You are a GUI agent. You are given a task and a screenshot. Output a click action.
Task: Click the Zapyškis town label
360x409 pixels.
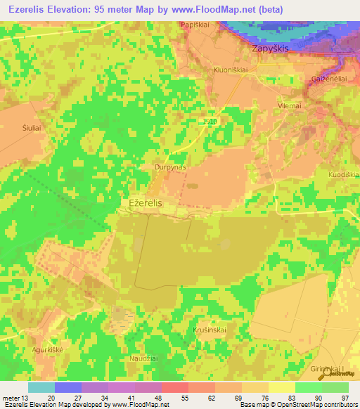pyautogui.click(x=271, y=50)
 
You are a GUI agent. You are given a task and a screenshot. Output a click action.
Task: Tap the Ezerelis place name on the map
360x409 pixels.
pyautogui.click(x=146, y=202)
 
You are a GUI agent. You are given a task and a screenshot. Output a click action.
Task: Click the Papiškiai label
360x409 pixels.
pyautogui.click(x=196, y=25)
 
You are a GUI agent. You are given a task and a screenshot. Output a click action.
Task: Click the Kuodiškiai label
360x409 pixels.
pyautogui.click(x=343, y=174)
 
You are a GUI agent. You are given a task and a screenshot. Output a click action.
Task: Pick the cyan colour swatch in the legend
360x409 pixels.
pyautogui.click(x=41, y=387)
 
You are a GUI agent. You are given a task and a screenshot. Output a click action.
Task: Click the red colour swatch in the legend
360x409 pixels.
pyautogui.click(x=174, y=387)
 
